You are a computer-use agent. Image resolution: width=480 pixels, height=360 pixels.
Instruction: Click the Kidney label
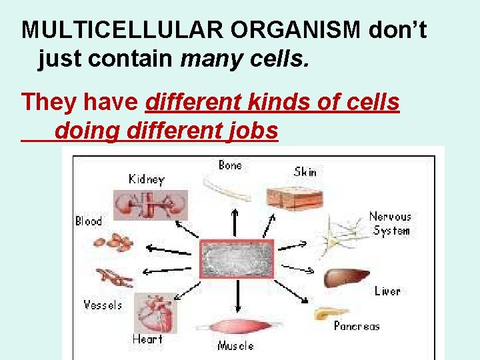pos(146,179)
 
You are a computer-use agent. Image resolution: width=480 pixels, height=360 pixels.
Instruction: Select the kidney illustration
pos(150,204)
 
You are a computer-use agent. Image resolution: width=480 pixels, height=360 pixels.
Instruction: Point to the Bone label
pos(230,165)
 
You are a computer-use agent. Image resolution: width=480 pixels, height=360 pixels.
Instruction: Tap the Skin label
pos(305,171)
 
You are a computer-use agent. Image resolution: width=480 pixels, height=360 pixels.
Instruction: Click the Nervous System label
pos(391,223)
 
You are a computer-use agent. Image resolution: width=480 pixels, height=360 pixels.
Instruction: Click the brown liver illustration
pos(346,277)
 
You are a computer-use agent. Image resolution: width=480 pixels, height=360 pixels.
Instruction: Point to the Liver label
pos(387,291)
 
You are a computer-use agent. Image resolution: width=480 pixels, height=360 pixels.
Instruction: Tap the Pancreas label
pos(357,326)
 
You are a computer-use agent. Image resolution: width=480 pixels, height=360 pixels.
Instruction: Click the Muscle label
pos(235,345)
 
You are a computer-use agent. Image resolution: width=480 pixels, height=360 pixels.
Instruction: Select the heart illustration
pos(155,312)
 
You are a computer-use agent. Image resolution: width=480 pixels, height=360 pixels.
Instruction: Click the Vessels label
pos(103,305)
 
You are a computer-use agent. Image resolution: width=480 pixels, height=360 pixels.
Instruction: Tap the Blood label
pos(88,221)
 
